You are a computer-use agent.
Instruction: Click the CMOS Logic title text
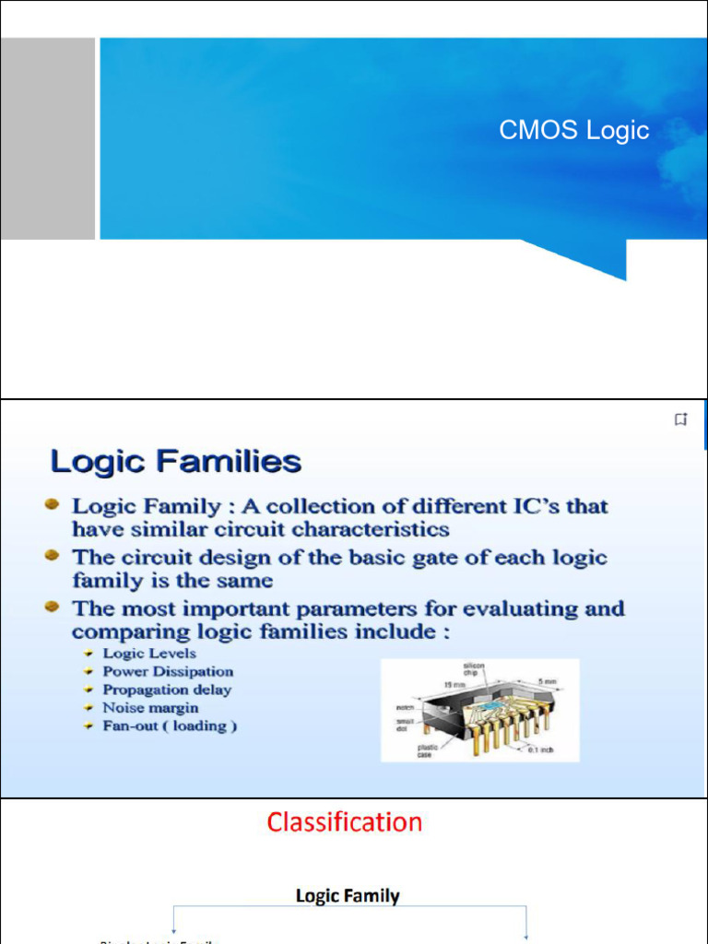(x=573, y=131)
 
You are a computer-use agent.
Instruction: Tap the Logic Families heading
(x=175, y=461)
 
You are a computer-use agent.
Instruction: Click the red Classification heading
(x=345, y=821)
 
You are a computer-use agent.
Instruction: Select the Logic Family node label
(x=348, y=895)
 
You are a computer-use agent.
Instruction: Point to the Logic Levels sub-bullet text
(x=149, y=654)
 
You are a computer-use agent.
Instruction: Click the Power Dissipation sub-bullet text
(x=168, y=671)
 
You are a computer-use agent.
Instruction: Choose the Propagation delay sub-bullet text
(x=167, y=690)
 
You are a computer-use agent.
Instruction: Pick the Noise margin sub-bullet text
(x=150, y=708)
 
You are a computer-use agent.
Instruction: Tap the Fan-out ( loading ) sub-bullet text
(x=170, y=726)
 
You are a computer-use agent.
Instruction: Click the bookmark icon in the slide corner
(x=680, y=420)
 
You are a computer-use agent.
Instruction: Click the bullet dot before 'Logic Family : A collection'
(x=53, y=505)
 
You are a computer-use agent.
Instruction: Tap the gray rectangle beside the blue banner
(x=47, y=138)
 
